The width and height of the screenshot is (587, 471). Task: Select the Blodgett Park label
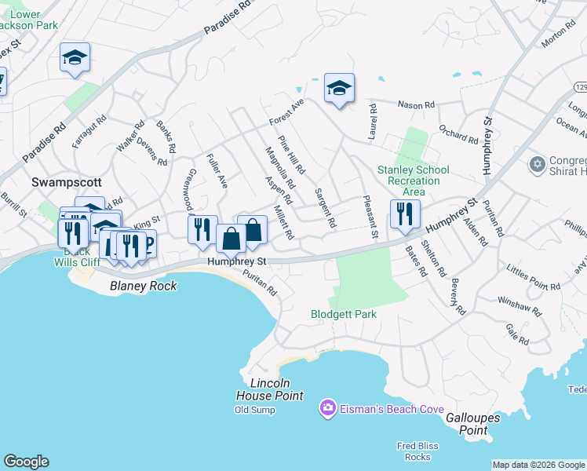pyautogui.click(x=343, y=314)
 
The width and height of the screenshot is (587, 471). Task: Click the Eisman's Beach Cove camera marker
pyautogui.click(x=327, y=408)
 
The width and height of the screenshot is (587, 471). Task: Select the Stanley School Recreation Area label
pyautogui.click(x=413, y=181)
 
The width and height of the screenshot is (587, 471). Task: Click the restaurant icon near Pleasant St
pyautogui.click(x=405, y=214)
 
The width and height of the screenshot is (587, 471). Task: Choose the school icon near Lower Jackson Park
pyautogui.click(x=75, y=57)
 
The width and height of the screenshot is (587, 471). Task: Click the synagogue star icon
pyautogui.click(x=538, y=165)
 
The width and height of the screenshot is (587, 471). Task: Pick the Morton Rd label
pyautogui.click(x=558, y=35)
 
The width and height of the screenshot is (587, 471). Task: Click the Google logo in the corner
pyautogui.click(x=26, y=462)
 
